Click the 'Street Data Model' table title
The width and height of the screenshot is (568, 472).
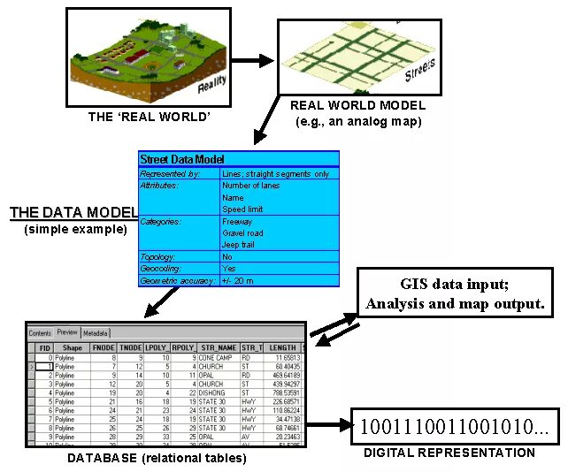[181, 159]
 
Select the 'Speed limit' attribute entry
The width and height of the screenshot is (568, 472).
[242, 209]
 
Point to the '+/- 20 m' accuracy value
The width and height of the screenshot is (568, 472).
[239, 280]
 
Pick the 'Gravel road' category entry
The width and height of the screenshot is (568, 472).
[242, 233]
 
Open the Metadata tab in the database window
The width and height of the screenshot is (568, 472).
[96, 333]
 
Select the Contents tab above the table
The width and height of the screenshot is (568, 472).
[41, 333]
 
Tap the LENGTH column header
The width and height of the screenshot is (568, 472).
[282, 348]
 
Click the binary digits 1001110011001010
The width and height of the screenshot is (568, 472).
[453, 428]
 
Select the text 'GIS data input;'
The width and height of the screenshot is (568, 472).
[455, 285]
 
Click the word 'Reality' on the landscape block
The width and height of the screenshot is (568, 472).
[211, 85]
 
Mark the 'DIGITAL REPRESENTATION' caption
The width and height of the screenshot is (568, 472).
[449, 453]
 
